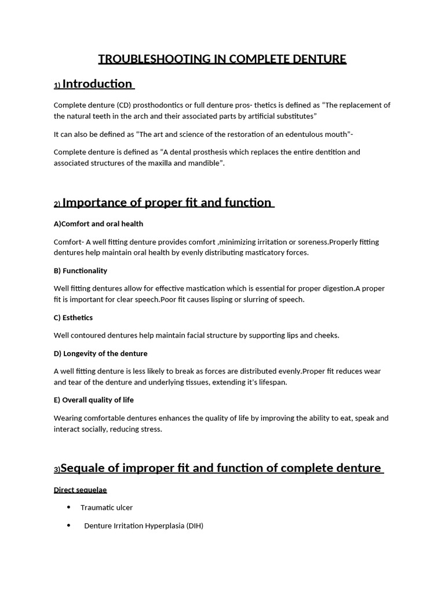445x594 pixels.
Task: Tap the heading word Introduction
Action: click(97, 84)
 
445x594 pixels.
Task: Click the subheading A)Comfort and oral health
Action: click(99, 223)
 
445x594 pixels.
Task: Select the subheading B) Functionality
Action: click(81, 270)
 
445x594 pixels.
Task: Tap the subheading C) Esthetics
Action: click(73, 317)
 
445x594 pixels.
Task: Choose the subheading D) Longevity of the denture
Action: click(101, 353)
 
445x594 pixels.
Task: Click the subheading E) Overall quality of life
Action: click(94, 400)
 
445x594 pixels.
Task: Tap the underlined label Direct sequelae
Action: click(81, 490)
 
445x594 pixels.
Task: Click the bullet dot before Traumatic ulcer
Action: click(68, 507)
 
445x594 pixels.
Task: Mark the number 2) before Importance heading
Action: click(57, 204)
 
